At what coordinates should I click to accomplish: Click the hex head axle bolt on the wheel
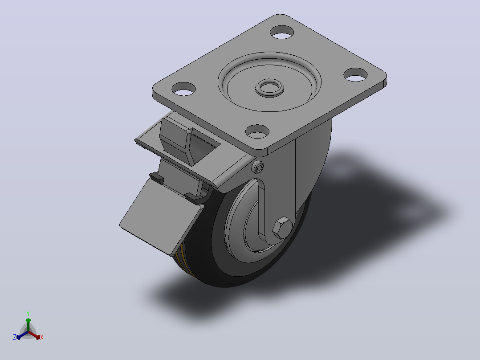coord(282,228)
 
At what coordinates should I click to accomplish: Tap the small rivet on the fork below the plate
coord(259,167)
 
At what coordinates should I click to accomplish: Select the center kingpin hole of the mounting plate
coord(269,88)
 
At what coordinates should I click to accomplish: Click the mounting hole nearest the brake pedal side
coord(183,89)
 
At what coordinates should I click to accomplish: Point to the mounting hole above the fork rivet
coord(257,131)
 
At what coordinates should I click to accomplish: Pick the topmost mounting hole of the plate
coord(282,32)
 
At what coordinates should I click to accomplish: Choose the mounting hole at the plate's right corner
coord(355,74)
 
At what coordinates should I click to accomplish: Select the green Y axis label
coord(28,313)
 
